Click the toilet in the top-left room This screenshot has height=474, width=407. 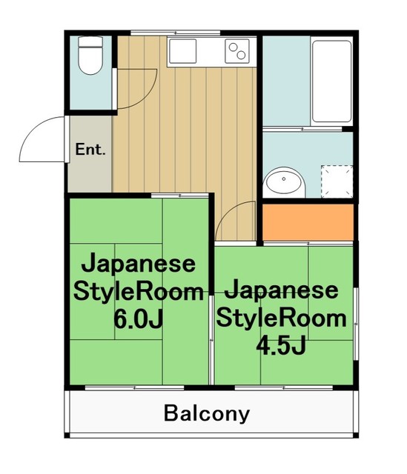coord(90,58)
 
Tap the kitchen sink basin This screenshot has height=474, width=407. coord(182,52)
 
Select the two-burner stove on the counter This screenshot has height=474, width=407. coord(237,52)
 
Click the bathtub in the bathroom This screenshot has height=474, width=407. coord(331,81)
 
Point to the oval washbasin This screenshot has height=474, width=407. coord(284,182)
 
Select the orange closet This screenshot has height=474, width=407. coord(308,221)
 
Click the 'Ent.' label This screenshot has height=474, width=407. coord(90,149)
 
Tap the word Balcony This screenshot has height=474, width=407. coord(207,413)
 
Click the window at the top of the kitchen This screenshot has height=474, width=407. coord(176,32)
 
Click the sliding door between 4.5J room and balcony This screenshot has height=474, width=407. coord(285,387)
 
